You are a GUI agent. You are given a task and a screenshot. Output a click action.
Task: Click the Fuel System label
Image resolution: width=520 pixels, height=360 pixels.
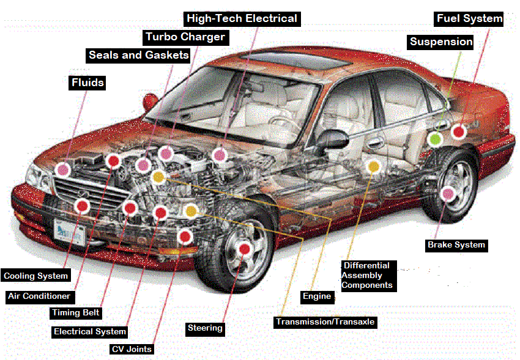pos(469,19)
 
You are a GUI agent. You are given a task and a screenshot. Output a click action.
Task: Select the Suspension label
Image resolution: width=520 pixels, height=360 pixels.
pos(441,42)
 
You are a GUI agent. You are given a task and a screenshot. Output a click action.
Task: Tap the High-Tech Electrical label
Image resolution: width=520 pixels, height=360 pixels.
pos(242,18)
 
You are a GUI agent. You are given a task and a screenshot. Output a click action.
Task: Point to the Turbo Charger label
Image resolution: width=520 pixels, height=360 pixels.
pos(185,37)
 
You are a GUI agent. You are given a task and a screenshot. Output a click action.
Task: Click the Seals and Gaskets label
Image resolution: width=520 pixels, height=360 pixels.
pos(138,55)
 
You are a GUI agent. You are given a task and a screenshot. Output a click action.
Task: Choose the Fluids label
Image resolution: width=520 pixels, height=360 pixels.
pos(87,83)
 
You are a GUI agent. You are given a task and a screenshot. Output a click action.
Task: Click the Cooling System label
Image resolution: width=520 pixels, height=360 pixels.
pos(35,276)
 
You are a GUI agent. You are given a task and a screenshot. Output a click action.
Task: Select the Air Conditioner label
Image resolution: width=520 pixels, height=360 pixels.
pos(39,296)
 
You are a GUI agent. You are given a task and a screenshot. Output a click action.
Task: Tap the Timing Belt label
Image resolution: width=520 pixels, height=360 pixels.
pos(75,313)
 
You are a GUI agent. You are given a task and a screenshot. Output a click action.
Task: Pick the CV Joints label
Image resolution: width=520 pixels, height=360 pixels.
pos(132,349)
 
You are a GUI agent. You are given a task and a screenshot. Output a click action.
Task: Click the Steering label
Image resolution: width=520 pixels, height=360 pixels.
pos(205,328)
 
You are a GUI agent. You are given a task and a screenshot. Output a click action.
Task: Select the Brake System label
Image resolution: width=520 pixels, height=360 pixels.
pos(456,245)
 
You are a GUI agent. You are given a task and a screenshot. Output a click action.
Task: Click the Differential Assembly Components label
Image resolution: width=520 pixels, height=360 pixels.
pos(366,276)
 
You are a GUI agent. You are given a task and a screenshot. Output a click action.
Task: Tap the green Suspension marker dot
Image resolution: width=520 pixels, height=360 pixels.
pos(435,139)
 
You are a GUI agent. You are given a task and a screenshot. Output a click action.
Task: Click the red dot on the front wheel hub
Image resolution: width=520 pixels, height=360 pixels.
pos(245,249)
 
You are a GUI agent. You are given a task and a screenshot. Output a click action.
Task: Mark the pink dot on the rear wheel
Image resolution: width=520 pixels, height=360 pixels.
pos(448,194)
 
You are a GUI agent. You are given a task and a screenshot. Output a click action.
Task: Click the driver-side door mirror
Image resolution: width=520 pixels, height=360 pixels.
pos(331,138)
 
